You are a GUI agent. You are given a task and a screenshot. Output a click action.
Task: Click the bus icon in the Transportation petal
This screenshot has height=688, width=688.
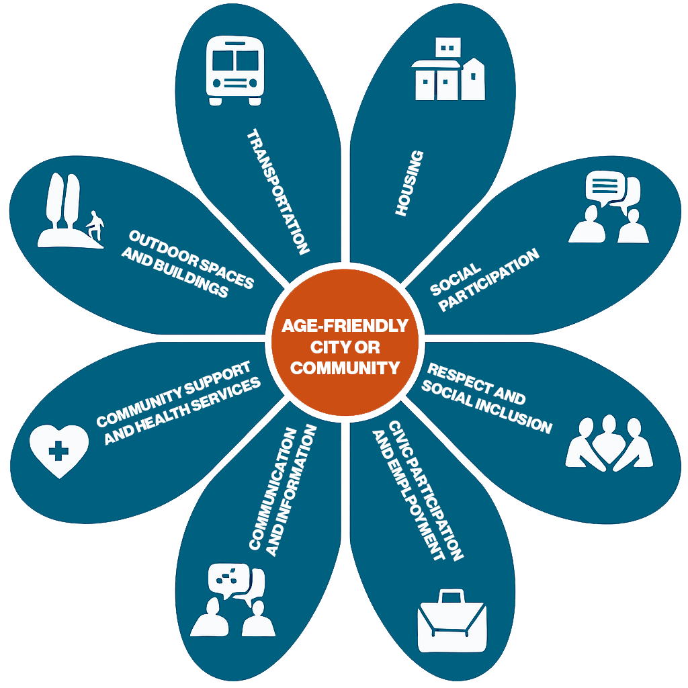pos(235,71)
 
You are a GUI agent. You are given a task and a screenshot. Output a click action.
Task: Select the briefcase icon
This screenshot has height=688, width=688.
pos(451,621)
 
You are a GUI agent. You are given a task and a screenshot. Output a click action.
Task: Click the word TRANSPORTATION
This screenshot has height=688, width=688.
pos(277,191)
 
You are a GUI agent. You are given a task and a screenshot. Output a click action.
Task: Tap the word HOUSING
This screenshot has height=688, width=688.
pos(409,183)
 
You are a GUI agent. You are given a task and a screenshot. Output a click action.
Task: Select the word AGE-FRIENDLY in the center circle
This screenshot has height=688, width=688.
pos(345,326)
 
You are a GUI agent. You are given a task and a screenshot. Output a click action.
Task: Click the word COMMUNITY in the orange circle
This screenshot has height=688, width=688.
pos(345,368)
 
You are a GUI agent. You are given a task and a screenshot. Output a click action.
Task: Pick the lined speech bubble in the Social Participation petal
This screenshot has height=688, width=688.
pos(605,187)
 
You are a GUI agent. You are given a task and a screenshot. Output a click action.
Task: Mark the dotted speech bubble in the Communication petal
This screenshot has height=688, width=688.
pos(228,577)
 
